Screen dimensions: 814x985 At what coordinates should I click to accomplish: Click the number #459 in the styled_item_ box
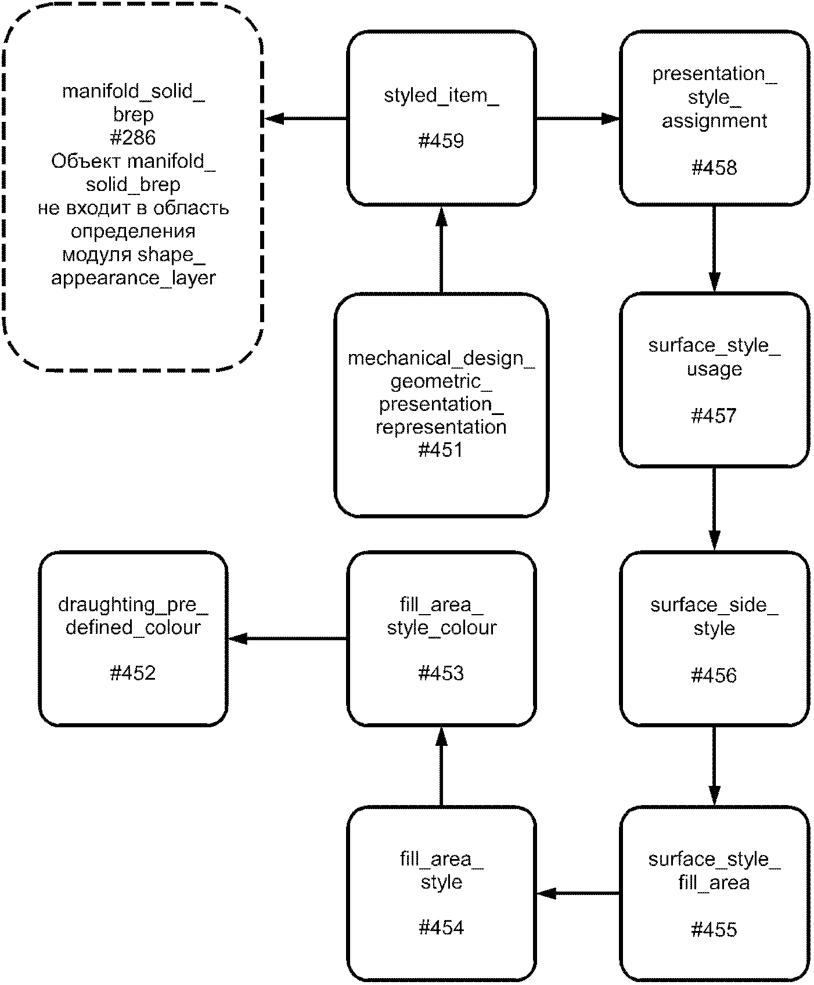[x=441, y=141]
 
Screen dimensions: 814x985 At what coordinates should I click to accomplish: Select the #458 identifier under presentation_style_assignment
[x=714, y=168]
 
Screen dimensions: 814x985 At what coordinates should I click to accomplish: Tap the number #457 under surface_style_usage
[x=714, y=416]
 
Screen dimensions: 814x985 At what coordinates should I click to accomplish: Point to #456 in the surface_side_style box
[x=714, y=675]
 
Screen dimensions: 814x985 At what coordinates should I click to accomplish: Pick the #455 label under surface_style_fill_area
[x=714, y=929]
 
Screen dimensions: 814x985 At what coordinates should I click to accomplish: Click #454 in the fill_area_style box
[x=441, y=928]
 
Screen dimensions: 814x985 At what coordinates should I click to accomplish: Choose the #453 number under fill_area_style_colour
[x=441, y=673]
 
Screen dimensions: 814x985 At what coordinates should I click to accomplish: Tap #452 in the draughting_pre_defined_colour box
[x=133, y=673]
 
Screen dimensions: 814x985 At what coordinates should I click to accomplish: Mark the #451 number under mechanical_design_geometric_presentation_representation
[x=441, y=450]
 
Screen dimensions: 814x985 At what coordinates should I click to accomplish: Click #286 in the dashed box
[x=133, y=138]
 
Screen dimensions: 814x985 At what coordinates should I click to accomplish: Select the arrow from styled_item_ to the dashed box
[x=306, y=119]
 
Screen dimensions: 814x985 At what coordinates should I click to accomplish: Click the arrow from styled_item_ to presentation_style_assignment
[x=578, y=119]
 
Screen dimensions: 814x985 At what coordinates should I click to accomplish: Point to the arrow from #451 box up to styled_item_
[x=441, y=250]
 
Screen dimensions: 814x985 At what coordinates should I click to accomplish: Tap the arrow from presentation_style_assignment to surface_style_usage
[x=714, y=248]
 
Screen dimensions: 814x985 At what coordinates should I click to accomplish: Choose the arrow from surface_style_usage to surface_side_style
[x=714, y=508]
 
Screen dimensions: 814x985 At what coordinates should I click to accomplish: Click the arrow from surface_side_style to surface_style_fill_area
[x=714, y=766]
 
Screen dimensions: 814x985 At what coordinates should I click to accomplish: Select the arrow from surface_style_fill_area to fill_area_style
[x=578, y=893]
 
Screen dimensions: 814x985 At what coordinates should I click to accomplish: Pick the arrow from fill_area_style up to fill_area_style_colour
[x=441, y=766]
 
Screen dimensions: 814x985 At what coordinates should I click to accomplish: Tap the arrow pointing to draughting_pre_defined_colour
[x=287, y=639]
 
